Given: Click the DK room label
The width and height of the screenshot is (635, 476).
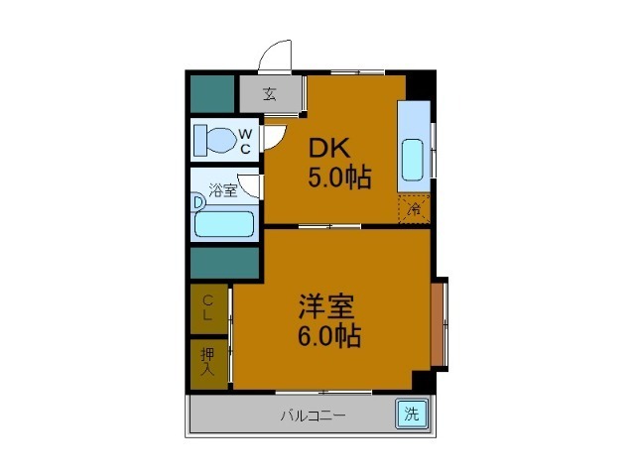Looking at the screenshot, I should coord(328,149).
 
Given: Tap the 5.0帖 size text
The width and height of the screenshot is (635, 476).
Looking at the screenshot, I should coord(339,178).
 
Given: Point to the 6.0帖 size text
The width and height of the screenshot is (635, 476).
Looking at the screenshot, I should coord(329,335).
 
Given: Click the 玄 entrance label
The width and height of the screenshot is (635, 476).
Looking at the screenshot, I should coord(269,95).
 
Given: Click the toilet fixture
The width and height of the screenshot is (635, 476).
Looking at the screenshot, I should coord(212,140).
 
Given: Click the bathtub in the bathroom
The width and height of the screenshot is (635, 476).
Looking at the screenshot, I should coord(224,222).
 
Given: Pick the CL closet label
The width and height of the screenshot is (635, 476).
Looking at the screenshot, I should coord(208,307).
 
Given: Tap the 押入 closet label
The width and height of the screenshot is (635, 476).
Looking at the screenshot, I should coord(208,361).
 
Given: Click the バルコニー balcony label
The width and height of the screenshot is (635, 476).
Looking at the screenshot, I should coord(313,416).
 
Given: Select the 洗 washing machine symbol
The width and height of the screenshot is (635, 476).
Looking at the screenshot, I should coord(411,415).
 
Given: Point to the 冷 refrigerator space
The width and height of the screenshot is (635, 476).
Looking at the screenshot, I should coord(414,209).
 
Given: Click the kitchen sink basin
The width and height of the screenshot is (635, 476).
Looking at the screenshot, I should coord(413,159).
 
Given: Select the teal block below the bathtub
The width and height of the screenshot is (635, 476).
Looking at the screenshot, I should coord(224,264).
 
